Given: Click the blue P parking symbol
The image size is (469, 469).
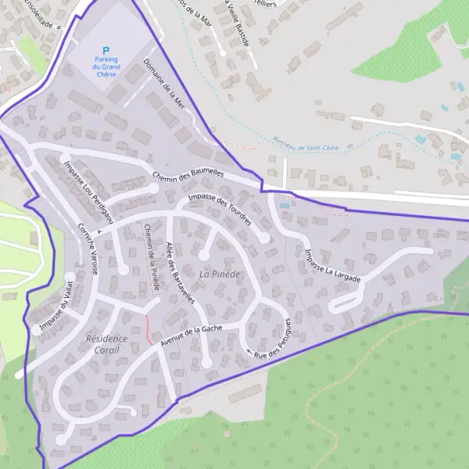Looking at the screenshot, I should (106, 50).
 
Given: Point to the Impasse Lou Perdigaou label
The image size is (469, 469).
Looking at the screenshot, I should (88, 190).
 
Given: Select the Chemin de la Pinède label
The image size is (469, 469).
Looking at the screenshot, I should (151, 257).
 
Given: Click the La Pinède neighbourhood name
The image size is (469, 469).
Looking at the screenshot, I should (218, 274).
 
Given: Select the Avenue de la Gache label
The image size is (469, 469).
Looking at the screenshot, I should (191, 336).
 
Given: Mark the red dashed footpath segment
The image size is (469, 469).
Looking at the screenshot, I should (148, 328).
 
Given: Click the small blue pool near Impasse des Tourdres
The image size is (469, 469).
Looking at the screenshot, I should (284, 206).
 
